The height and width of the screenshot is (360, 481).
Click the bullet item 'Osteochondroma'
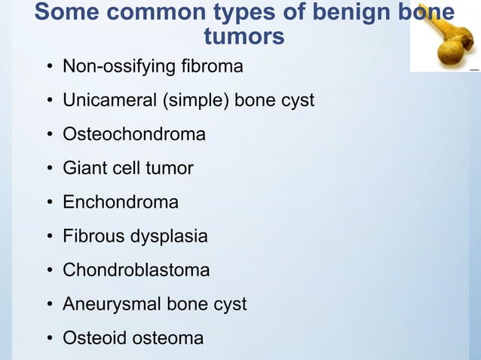(x=133, y=135)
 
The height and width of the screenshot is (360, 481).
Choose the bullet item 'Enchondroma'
(x=121, y=203)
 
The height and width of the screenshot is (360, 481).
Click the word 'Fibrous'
(x=93, y=236)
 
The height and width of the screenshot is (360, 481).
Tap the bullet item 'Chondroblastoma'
(x=136, y=270)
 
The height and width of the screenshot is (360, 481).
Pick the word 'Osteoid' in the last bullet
(x=95, y=338)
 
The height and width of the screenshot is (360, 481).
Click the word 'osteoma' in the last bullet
(x=168, y=338)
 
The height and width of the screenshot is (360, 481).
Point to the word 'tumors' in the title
(x=244, y=36)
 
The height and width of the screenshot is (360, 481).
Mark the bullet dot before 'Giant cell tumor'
(x=49, y=169)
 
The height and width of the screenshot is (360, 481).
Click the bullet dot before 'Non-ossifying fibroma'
(x=49, y=68)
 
